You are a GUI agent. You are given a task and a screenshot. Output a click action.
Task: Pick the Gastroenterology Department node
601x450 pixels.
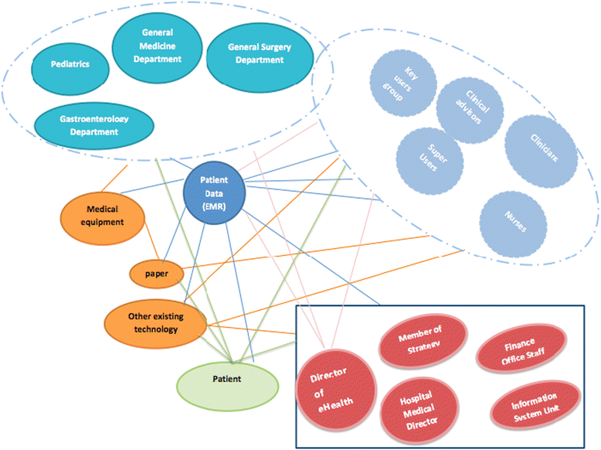click(93, 125)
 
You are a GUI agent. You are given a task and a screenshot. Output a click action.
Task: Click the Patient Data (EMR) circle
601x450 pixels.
click(213, 189)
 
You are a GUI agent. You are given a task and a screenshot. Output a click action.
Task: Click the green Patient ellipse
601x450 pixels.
click(227, 380)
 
